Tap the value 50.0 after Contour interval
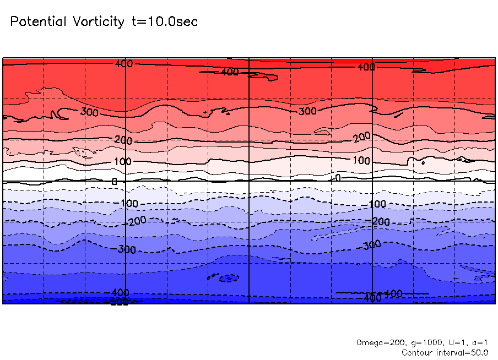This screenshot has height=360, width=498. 478,352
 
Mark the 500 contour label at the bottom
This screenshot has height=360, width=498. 120,302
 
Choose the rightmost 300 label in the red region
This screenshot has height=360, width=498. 308,112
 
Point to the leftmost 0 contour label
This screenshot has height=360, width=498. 115,181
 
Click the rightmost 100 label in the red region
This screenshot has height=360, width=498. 361,161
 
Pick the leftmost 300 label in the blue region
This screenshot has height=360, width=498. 127,249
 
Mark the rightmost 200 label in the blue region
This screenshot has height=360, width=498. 381,221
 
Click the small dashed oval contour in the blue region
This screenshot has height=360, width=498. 226,278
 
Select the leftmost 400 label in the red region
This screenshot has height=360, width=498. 124,64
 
